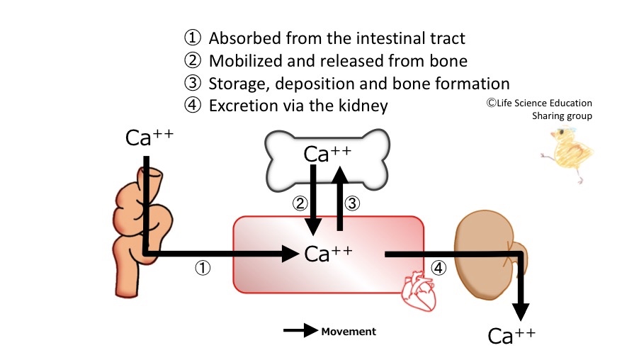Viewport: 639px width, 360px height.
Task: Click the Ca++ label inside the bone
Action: coord(327,154)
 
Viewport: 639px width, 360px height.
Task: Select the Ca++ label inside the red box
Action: coord(328,253)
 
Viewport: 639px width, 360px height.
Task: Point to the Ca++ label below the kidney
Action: coord(511,335)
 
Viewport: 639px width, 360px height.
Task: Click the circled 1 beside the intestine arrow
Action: coord(203,269)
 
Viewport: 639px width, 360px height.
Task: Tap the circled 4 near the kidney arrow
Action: coord(439,269)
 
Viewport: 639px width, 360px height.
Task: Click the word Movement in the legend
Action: coord(349,332)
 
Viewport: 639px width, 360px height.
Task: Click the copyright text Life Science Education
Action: coord(538,103)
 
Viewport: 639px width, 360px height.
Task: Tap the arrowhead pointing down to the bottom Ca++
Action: coord(521,311)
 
